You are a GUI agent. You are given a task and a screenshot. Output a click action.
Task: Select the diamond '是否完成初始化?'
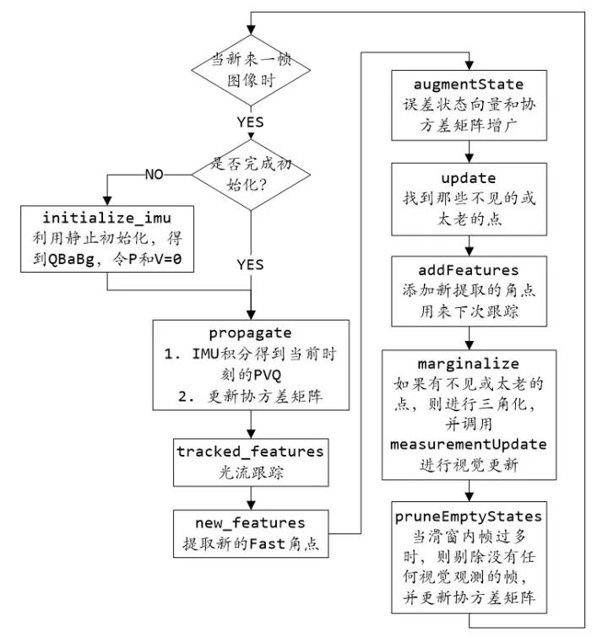pyautogui.click(x=251, y=175)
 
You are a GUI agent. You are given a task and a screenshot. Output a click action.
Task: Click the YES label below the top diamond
pyautogui.click(x=251, y=121)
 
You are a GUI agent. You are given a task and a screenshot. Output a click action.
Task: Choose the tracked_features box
pyautogui.click(x=250, y=461)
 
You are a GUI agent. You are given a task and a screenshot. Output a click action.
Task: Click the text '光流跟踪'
pyautogui.click(x=250, y=473)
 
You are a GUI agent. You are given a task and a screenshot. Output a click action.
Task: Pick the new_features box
pyautogui.click(x=250, y=533)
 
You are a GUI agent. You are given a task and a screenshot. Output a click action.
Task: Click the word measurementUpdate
pyautogui.click(x=467, y=443)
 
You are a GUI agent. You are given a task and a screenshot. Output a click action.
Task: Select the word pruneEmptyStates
pyautogui.click(x=467, y=514)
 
